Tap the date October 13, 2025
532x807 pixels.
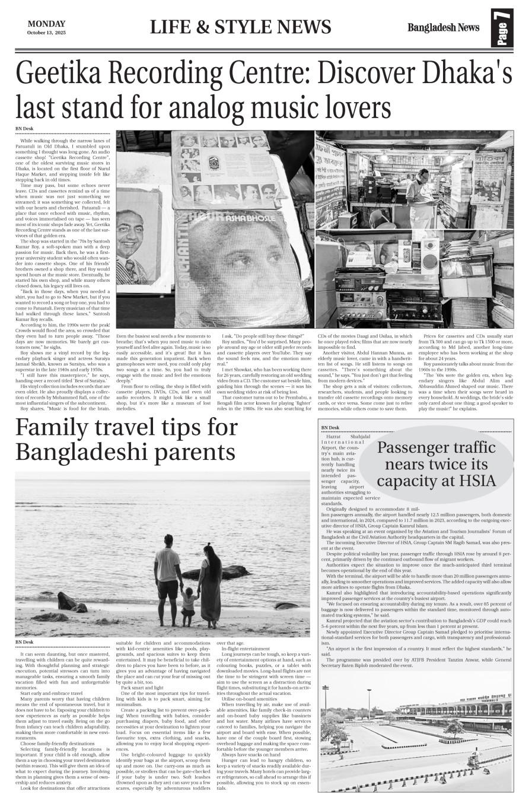(46, 32)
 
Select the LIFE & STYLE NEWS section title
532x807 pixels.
(240, 27)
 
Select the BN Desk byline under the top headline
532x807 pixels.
(24, 129)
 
